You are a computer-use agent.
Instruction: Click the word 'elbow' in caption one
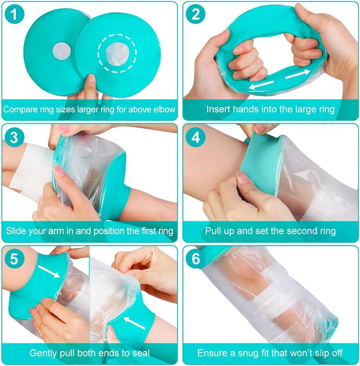(160, 109)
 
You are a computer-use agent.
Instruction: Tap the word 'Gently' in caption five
(44, 353)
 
